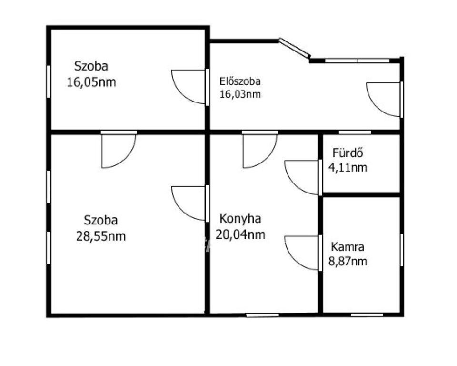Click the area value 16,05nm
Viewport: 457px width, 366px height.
(x=91, y=82)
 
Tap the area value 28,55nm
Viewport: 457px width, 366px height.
(x=101, y=236)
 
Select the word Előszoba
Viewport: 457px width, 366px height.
(x=240, y=81)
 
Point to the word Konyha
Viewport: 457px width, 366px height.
(x=240, y=219)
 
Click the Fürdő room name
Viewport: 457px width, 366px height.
(x=348, y=152)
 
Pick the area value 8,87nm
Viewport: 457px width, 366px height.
(x=348, y=261)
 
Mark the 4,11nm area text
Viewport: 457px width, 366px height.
(x=348, y=168)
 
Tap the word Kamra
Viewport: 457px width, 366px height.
(x=348, y=247)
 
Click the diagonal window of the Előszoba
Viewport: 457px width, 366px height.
(x=294, y=47)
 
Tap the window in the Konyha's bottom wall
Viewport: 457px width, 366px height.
(x=262, y=315)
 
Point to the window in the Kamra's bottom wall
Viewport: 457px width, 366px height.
(x=367, y=315)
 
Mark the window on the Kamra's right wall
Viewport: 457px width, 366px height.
(x=402, y=250)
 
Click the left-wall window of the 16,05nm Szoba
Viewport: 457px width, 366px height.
(x=49, y=81)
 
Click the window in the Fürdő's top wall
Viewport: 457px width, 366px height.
(x=355, y=132)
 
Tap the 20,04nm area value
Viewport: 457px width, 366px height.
(x=240, y=234)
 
